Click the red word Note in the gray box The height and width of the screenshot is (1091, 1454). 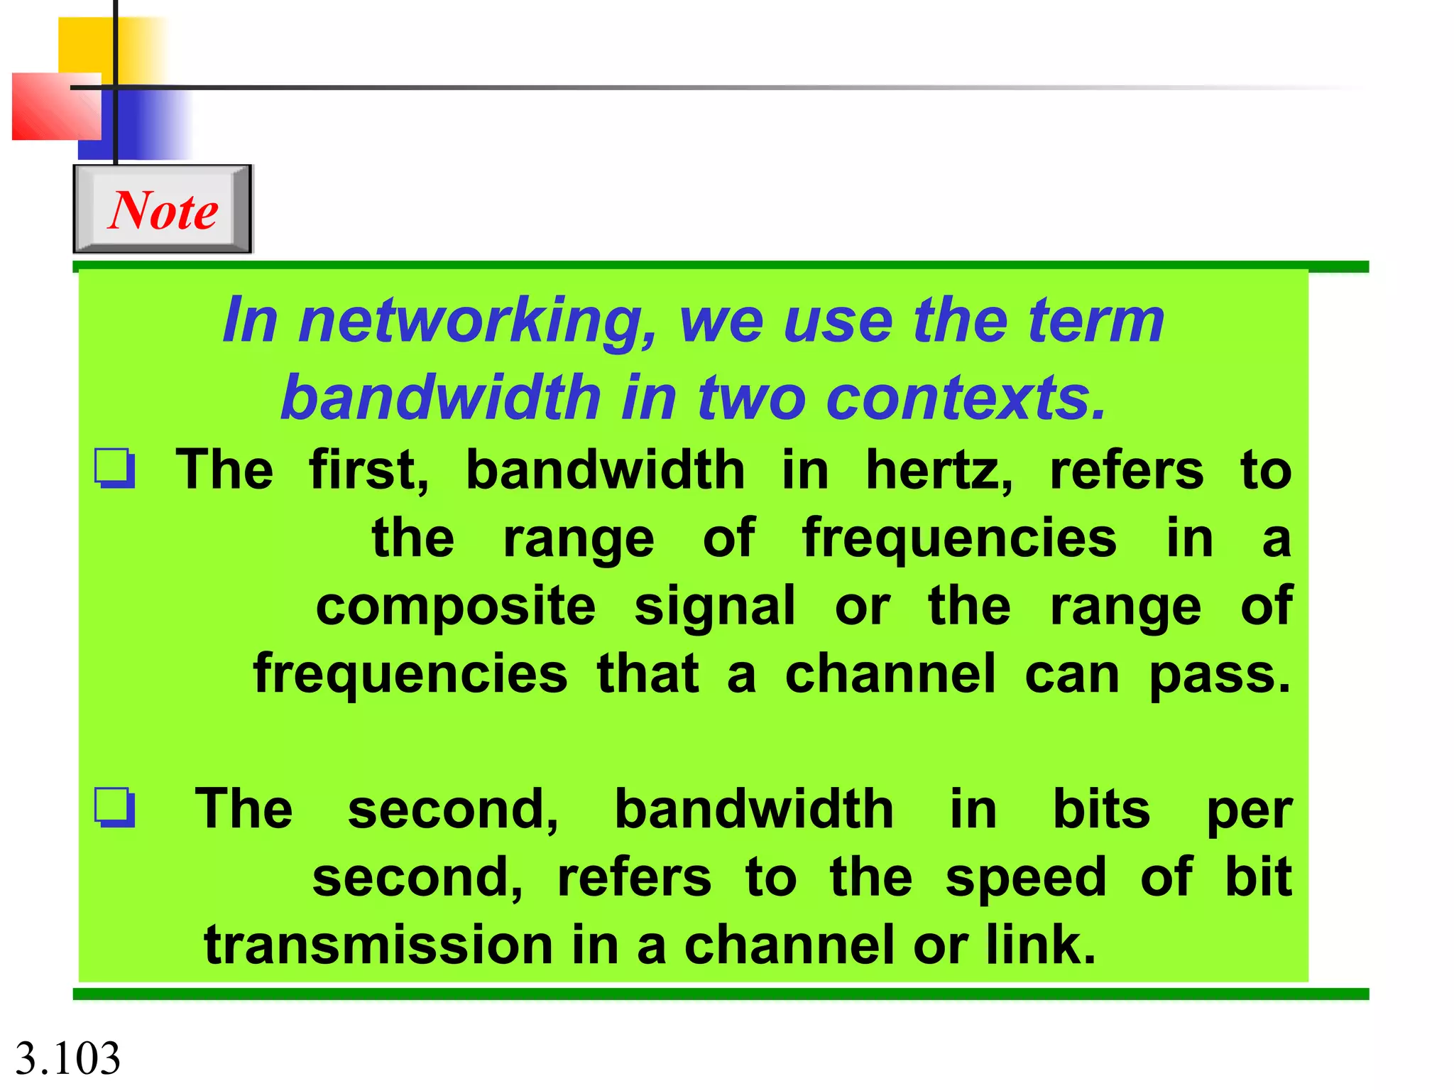click(x=163, y=210)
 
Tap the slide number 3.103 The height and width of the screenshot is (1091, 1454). click(x=68, y=1058)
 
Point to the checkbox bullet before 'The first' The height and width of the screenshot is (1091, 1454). click(x=115, y=468)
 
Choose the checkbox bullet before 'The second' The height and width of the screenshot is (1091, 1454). click(x=115, y=808)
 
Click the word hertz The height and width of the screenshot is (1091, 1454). click(x=939, y=471)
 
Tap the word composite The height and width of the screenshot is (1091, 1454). click(x=455, y=607)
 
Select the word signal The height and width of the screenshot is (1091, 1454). click(x=714, y=609)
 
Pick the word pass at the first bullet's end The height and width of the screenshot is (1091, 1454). click(x=1219, y=675)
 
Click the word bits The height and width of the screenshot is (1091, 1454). click(x=1100, y=809)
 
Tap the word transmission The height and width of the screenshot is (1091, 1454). click(x=378, y=945)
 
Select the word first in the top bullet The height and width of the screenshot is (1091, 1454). click(x=368, y=471)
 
